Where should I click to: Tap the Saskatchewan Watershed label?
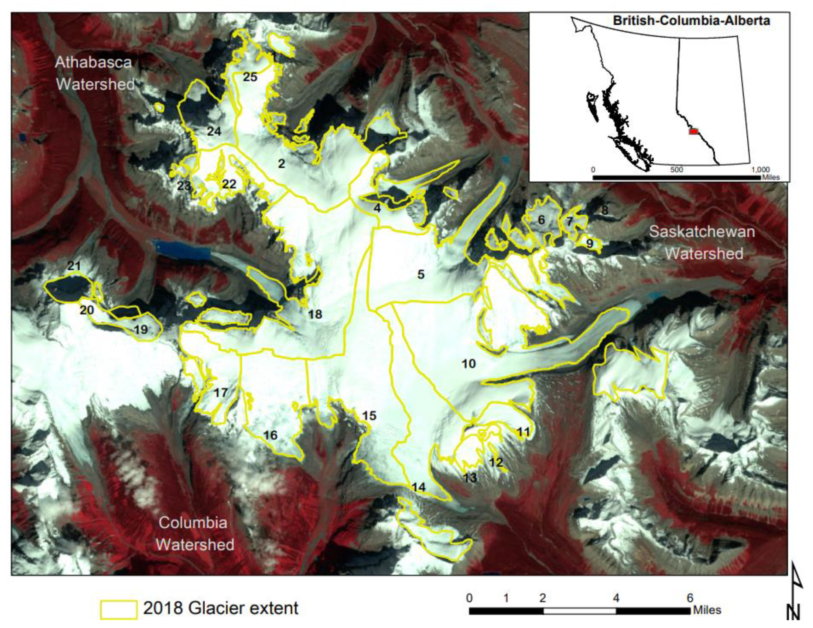pyautogui.click(x=702, y=243)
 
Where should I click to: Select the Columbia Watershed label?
pyautogui.click(x=194, y=533)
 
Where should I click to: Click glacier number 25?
pyautogui.click(x=250, y=77)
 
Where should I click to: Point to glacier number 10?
pyautogui.click(x=469, y=364)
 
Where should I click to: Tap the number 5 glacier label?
pyautogui.click(x=421, y=274)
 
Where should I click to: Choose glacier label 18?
pyautogui.click(x=315, y=314)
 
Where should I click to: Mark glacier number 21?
pyautogui.click(x=74, y=266)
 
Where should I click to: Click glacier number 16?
pyautogui.click(x=270, y=435)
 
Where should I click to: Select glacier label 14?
pyautogui.click(x=419, y=487)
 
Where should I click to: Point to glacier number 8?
pyautogui.click(x=605, y=210)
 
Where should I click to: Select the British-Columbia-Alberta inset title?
pyautogui.click(x=691, y=20)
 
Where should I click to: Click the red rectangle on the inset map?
pyautogui.click(x=693, y=132)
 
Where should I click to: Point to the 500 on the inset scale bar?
pyautogui.click(x=676, y=170)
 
